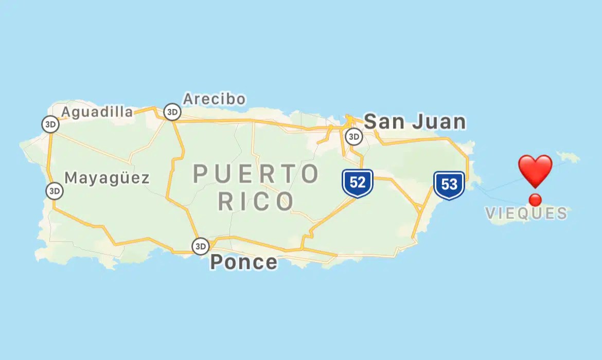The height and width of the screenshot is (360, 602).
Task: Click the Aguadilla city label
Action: (x=97, y=112)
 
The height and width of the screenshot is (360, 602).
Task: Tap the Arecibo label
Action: (x=214, y=99)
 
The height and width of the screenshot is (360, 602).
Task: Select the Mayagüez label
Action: (x=107, y=178)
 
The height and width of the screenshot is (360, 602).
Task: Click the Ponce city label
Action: (x=243, y=262)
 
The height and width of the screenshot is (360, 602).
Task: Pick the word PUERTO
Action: (x=256, y=174)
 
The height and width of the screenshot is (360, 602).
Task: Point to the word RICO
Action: (x=256, y=202)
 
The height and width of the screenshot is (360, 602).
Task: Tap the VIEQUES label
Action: (x=526, y=213)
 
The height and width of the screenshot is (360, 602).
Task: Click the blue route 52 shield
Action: (x=357, y=183)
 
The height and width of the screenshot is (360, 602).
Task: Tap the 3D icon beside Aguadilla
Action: (x=50, y=124)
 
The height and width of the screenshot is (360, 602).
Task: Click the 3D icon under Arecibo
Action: (x=172, y=112)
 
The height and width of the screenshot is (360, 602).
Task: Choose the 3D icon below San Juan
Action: (x=353, y=137)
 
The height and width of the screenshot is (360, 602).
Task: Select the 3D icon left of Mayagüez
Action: (x=54, y=191)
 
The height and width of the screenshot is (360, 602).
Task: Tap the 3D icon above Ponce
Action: (x=201, y=246)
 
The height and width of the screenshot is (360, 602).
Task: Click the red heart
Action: (x=535, y=171)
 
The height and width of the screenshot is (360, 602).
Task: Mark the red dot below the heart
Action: (x=535, y=200)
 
